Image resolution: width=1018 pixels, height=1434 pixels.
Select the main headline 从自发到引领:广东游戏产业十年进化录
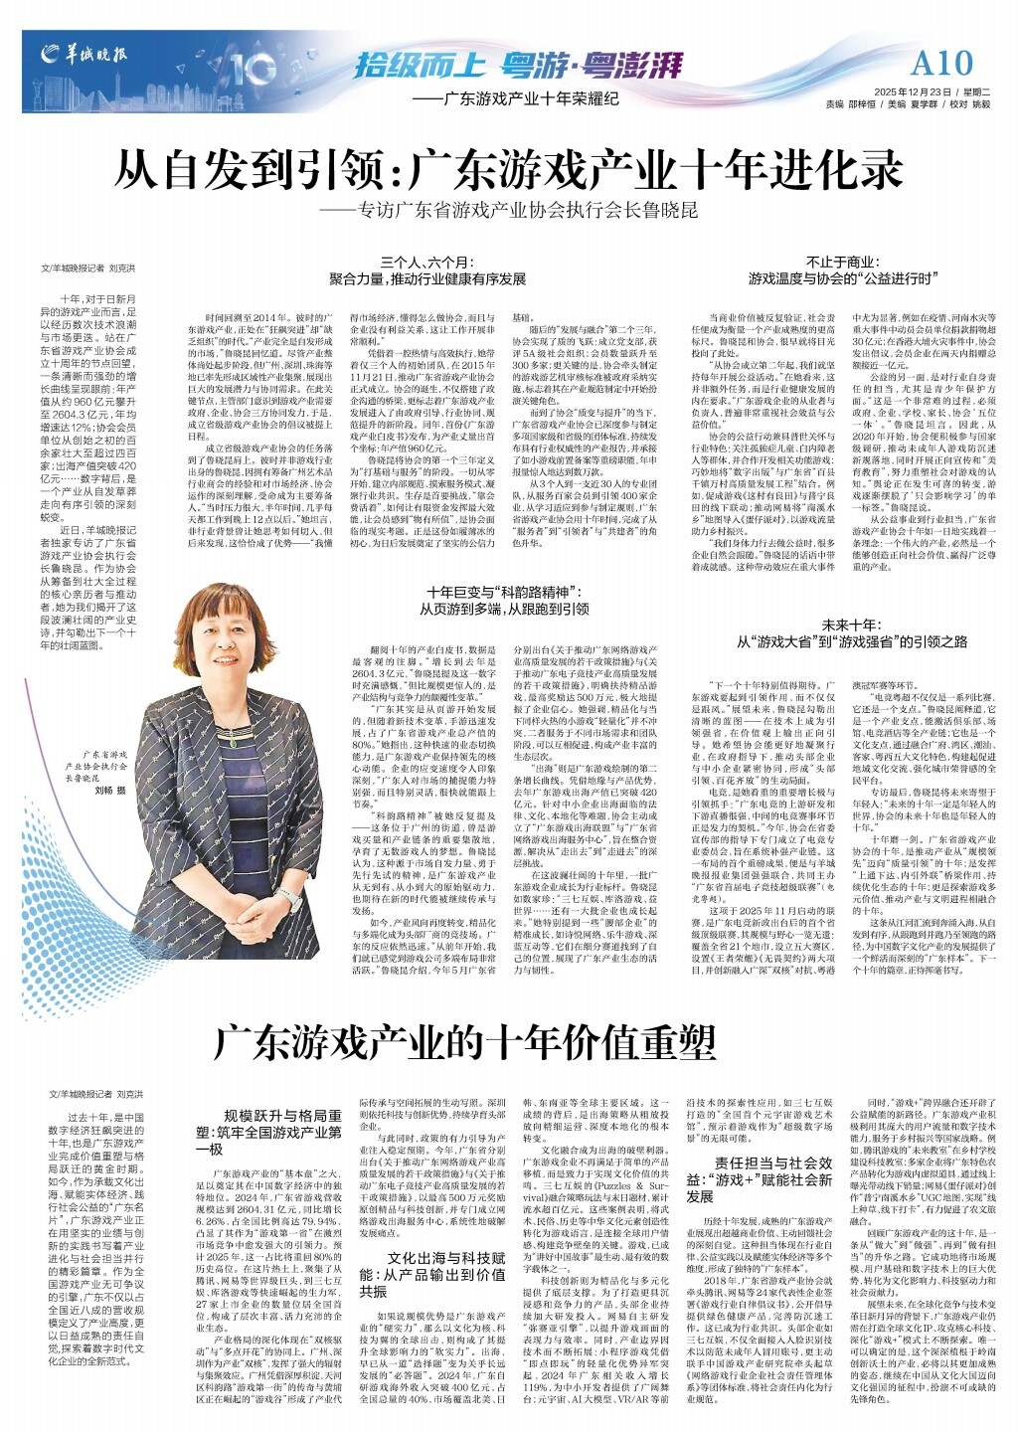[508, 169]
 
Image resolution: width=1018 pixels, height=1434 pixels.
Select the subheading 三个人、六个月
[426, 263]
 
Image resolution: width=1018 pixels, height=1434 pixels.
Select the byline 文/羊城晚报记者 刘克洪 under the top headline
[87, 269]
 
